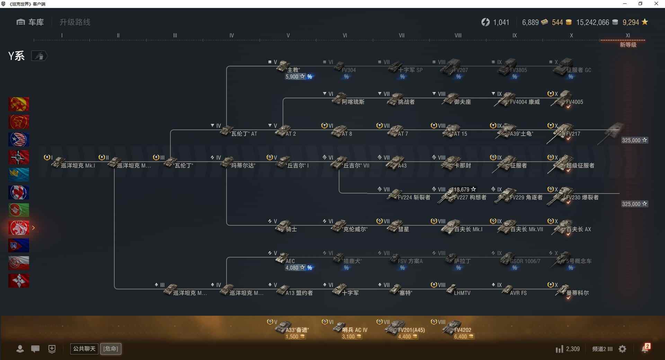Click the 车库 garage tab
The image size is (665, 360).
(30, 22)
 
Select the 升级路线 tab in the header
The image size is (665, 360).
(75, 22)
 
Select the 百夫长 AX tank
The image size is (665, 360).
(568, 227)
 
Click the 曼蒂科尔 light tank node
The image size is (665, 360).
(568, 291)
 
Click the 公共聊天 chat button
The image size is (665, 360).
(84, 349)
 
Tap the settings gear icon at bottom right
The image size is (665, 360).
(622, 349)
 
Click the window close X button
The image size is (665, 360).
(656, 4)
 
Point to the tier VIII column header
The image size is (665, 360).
(458, 35)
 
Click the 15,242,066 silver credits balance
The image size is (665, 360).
(593, 22)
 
